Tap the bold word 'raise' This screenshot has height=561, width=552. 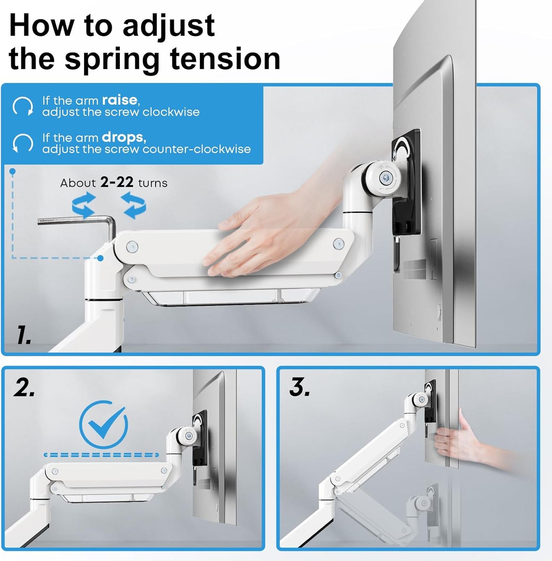point(119,100)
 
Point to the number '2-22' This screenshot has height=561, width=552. point(117,183)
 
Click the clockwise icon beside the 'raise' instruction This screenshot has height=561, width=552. point(23,106)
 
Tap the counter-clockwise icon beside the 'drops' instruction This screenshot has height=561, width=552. point(23,143)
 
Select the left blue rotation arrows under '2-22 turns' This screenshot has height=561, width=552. point(84,205)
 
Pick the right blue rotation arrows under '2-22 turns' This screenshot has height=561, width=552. point(133,205)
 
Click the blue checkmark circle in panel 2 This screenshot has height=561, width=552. point(104,424)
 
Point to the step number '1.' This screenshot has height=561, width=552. point(24,335)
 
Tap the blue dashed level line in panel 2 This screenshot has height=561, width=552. point(101,455)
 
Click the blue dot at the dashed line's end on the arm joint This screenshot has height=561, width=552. point(100,258)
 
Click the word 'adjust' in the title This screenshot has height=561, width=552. point(168,26)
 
